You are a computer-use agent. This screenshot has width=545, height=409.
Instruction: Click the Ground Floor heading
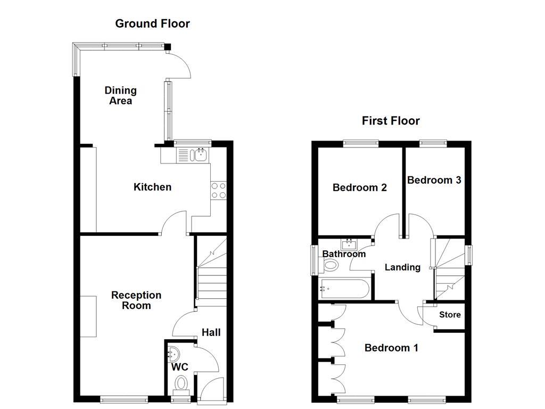pyautogui.click(x=152, y=23)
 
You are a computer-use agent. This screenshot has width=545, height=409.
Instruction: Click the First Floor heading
pyautogui.click(x=391, y=121)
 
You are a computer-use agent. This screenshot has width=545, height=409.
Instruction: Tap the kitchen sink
pyautogui.click(x=201, y=155)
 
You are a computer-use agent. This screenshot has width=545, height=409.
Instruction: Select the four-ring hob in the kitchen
pyautogui.click(x=219, y=191)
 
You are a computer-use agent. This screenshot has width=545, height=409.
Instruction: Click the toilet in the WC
pyautogui.click(x=181, y=383)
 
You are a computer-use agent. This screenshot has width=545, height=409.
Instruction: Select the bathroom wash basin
pyautogui.click(x=349, y=245)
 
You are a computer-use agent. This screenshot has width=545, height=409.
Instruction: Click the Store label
pyautogui.click(x=450, y=315)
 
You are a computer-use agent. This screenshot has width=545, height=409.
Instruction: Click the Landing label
pyautogui.click(x=402, y=267)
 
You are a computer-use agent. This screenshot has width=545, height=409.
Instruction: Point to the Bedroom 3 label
pyautogui.click(x=434, y=180)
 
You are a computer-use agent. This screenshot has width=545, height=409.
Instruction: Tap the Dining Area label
pyautogui.click(x=120, y=95)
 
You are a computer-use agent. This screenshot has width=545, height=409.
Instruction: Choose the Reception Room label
pyautogui.click(x=136, y=300)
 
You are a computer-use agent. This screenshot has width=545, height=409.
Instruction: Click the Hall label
pyautogui.click(x=211, y=332)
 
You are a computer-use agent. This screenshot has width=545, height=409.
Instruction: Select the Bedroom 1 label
pyautogui.click(x=391, y=348)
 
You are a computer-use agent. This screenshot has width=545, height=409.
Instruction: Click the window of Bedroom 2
pyautogui.click(x=360, y=143)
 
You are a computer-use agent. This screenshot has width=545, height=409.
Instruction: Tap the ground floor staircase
pyautogui.click(x=212, y=272)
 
